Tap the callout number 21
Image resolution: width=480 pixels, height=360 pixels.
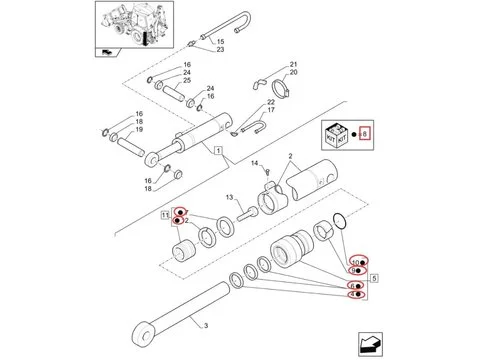point(293,65)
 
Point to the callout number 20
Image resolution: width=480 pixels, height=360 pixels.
point(293,74)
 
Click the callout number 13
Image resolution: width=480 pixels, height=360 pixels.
point(228,198)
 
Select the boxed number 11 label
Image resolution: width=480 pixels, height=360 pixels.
point(164,216)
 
